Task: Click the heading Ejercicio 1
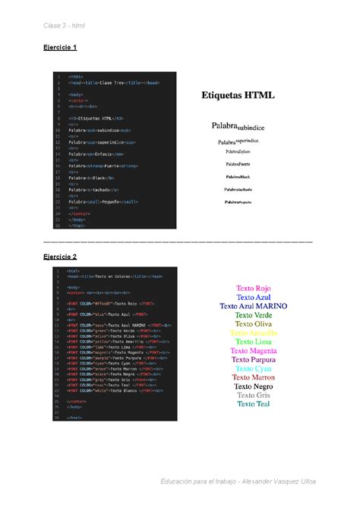60,47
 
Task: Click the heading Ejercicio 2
60,257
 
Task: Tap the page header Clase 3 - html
64,25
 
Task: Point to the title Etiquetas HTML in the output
238,96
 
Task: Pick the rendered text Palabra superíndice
238,140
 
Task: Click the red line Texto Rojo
254,289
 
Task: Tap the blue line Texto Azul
254,298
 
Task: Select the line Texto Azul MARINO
254,307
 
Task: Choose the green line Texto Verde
254,315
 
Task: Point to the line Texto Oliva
254,324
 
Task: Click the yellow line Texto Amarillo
254,333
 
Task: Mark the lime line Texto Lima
254,342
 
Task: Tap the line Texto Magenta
254,351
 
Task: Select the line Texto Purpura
254,360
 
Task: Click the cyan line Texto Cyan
254,369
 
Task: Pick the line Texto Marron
254,377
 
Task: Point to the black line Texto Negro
254,387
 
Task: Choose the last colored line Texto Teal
254,404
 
